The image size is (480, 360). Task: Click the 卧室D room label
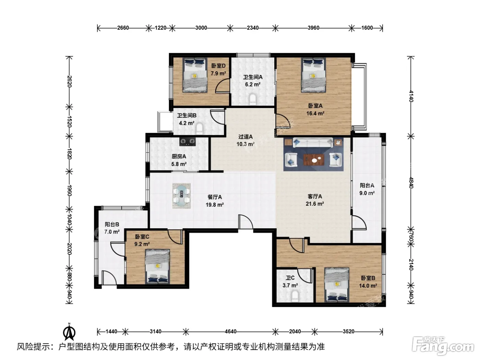[218, 66]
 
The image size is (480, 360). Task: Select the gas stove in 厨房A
[188, 141]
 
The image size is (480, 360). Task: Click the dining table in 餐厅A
[181, 196]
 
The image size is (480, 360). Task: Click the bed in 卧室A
[313, 75]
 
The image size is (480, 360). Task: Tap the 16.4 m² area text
[315, 113]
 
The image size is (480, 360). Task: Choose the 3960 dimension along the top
[313, 28]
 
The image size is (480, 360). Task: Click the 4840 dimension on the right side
[411, 183]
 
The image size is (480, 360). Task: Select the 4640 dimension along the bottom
[230, 332]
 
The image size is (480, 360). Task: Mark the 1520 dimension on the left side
[69, 122]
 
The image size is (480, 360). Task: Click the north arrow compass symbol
[69, 332]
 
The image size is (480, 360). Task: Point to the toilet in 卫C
[295, 295]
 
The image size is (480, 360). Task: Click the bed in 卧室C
[157, 267]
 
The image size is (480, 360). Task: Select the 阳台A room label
[367, 185]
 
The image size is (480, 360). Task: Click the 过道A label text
[245, 137]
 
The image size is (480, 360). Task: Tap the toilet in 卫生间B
[200, 129]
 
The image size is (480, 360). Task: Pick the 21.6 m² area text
[315, 204]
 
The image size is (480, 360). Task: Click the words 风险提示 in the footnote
[34, 347]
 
